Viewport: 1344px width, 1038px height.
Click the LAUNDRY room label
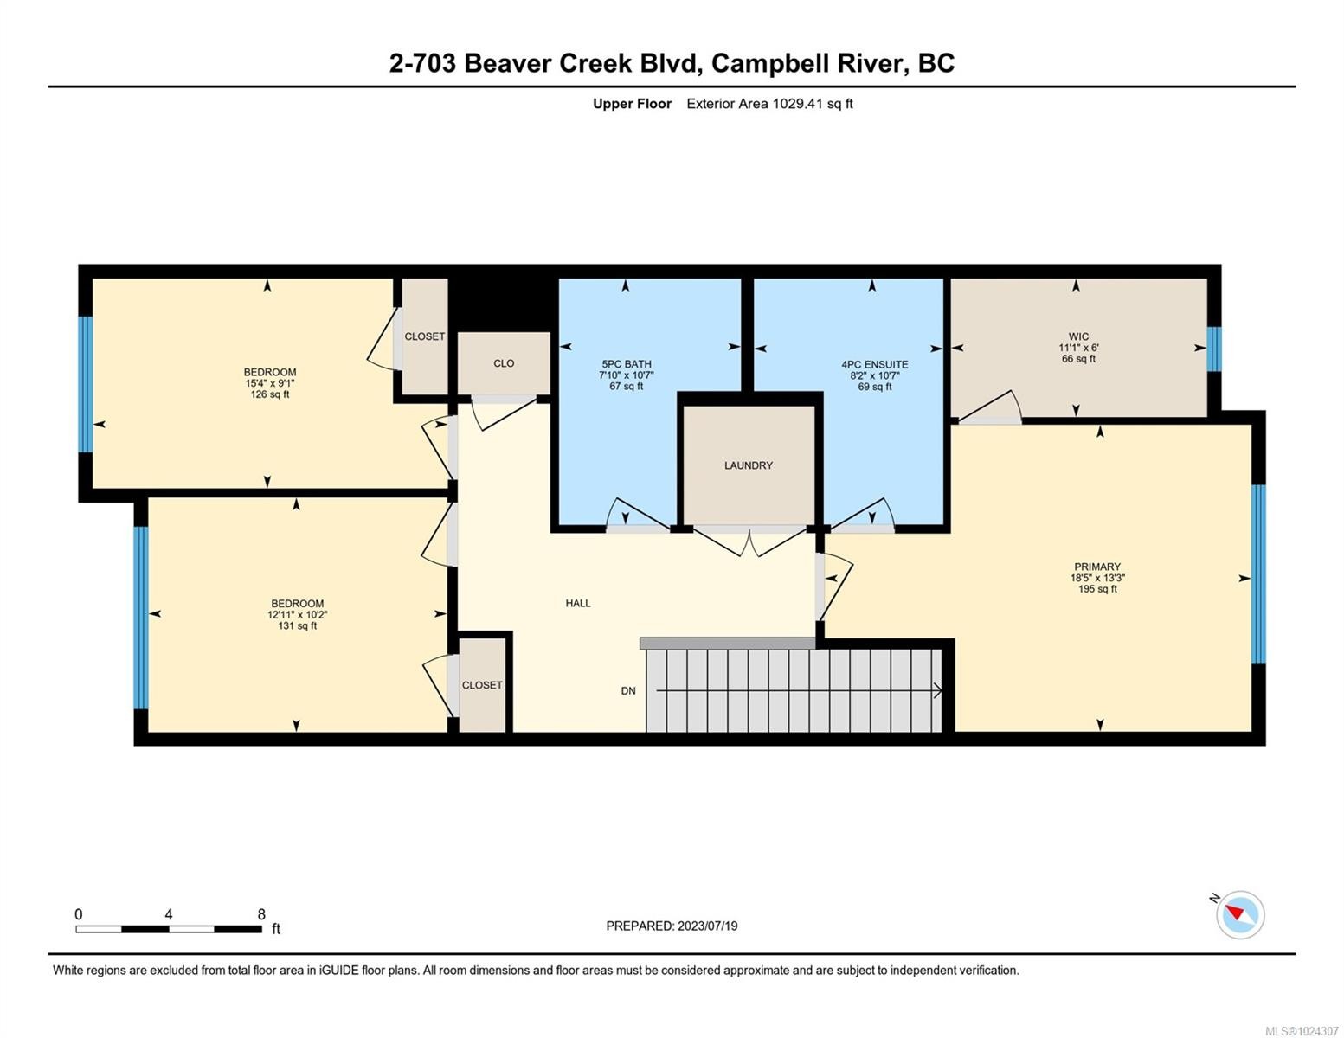pos(748,465)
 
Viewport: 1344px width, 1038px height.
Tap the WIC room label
pos(1077,336)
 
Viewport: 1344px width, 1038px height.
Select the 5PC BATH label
pos(626,364)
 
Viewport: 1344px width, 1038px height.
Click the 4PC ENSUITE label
pos(874,364)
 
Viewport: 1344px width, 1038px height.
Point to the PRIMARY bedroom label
pos(1096,567)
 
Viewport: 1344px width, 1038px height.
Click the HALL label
pos(577,603)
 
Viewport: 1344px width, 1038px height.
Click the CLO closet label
pos(504,363)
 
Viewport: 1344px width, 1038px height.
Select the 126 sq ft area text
pos(269,394)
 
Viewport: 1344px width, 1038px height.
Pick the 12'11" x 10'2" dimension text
pos(297,615)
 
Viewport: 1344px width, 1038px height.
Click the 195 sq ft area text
pos(1096,589)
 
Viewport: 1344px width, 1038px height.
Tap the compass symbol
pos(1240,914)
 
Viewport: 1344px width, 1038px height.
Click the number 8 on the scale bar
pos(261,914)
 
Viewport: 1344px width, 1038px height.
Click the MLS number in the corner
pos(1302,1030)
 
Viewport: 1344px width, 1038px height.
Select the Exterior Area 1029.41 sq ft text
pos(769,104)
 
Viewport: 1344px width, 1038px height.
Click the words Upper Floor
pos(632,104)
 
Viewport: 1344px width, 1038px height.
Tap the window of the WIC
pos(1214,349)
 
